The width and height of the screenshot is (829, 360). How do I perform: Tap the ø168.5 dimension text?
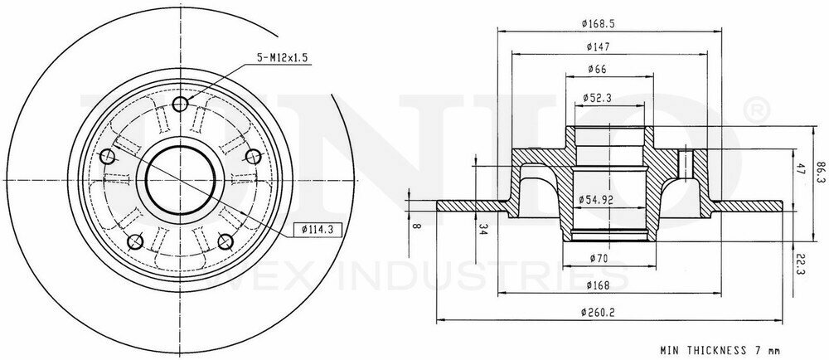[598, 23]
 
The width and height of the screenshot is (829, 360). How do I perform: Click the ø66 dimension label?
[598, 69]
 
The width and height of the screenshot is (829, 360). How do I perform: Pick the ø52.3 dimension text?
[598, 98]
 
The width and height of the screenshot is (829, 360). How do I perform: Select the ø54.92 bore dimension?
[596, 199]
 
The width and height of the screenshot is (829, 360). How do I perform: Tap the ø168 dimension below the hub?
[598, 286]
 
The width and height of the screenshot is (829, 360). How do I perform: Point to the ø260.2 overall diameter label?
[598, 313]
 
